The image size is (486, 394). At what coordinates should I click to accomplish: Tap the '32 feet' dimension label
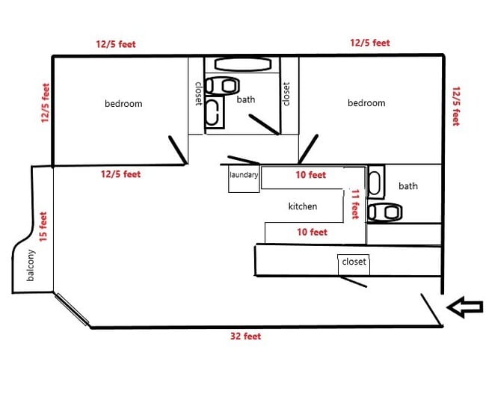tap(245, 336)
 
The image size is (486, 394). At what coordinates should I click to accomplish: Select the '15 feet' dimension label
tap(43, 226)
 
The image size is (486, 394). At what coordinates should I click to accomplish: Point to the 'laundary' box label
tap(244, 176)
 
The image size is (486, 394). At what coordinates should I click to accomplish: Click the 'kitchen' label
tap(303, 206)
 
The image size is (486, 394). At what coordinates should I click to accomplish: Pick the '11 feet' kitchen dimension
tap(355, 203)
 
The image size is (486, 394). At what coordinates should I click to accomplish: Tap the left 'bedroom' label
tap(123, 104)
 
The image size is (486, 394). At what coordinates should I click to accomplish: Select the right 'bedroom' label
tap(366, 103)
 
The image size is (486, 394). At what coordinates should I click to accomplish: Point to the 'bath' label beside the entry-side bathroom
tap(408, 186)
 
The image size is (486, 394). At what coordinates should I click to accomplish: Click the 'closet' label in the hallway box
tap(354, 262)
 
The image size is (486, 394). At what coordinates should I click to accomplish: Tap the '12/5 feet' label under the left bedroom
tap(121, 174)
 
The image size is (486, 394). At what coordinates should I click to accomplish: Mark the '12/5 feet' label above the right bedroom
tap(370, 43)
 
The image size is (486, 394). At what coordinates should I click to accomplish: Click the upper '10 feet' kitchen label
tap(311, 176)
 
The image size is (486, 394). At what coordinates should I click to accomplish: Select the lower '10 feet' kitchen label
tap(313, 233)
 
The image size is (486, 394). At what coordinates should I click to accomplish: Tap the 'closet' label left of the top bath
tap(197, 93)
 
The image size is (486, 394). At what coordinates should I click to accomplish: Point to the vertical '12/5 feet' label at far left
tap(46, 102)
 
